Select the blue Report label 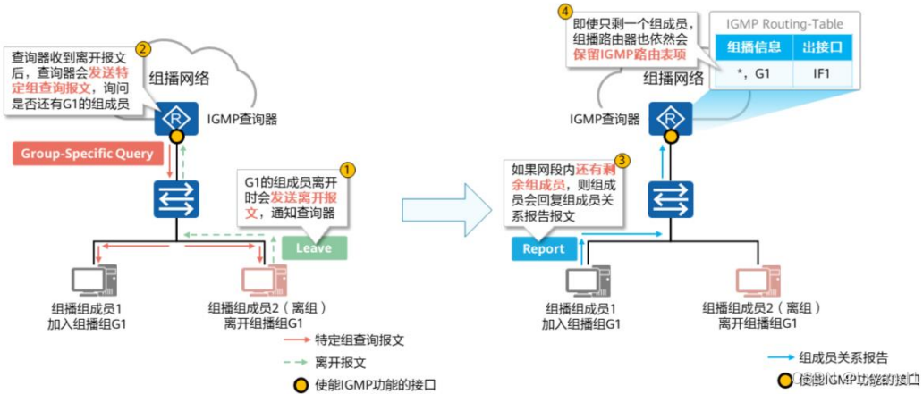click(545, 247)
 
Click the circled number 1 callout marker click(349, 169)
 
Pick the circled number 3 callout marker click(622, 161)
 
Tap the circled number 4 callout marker click(564, 12)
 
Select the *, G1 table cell click(754, 71)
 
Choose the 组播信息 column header click(754, 46)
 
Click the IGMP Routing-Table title click(784, 24)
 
